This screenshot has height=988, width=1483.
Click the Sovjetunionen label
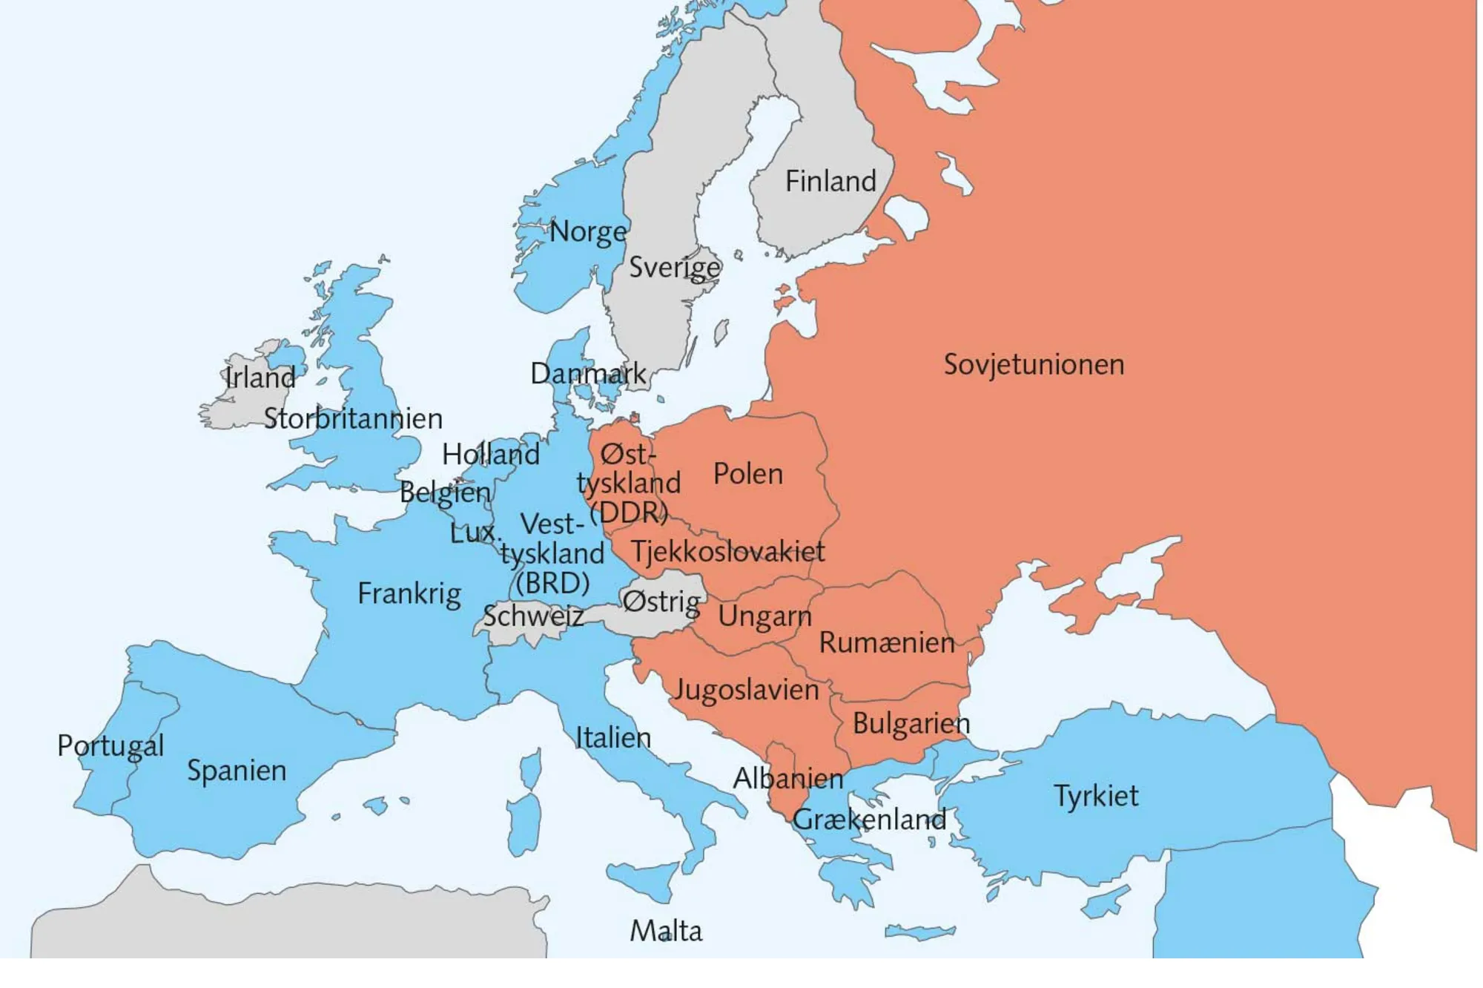pos(1034,365)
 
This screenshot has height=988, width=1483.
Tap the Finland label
pos(830,182)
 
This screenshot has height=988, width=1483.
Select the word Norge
pos(588,232)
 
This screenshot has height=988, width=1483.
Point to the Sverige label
pos(674,267)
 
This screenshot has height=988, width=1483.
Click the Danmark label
pos(588,373)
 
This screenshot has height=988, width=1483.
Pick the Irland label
pos(260,378)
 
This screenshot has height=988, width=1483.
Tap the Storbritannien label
pos(353,419)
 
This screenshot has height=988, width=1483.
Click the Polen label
pos(747,474)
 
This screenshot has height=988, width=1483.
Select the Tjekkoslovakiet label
pos(727,551)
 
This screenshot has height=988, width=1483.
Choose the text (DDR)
pos(628,512)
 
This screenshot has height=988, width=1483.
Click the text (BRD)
pos(552,583)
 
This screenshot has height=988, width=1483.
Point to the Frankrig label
pos(409,593)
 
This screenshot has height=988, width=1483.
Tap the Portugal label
pos(110,745)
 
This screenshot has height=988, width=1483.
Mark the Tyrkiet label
pos(1095,796)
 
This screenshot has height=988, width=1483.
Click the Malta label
pos(665,931)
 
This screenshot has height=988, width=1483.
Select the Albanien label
pos(787,778)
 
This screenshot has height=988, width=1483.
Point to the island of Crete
pos(919,932)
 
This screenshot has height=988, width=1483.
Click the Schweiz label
pos(532,616)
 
